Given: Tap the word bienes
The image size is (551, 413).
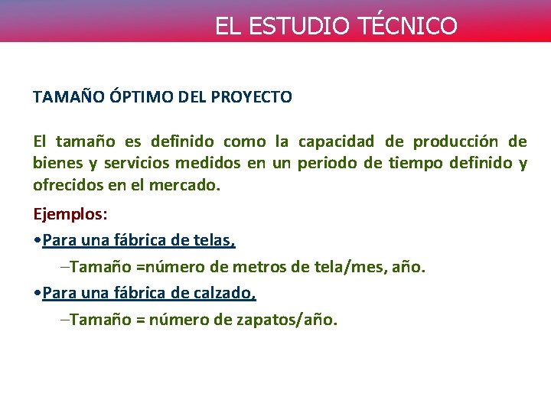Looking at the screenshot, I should [x=54, y=164].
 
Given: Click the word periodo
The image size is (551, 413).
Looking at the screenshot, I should [x=328, y=164].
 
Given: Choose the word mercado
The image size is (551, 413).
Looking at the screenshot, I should [x=187, y=186].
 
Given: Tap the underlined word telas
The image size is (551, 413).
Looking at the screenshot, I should [x=214, y=240].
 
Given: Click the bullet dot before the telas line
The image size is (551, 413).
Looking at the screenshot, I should [x=37, y=241].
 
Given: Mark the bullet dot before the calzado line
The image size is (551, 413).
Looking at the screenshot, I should [x=37, y=294].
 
